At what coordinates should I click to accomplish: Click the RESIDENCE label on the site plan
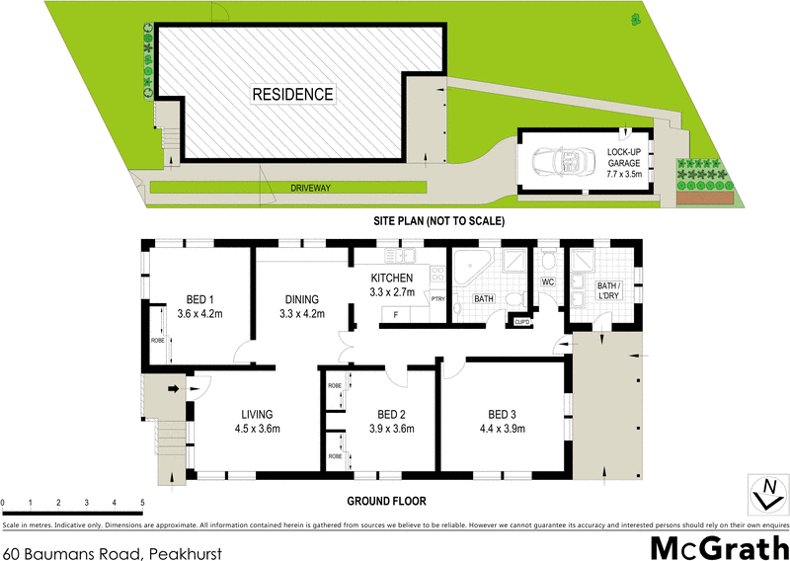coord(292,95)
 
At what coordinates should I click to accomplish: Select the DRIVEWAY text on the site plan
coord(309,187)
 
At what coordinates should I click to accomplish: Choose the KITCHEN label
coord(392,278)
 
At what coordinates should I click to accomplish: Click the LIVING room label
coord(254,414)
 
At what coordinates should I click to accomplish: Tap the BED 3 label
coord(503,414)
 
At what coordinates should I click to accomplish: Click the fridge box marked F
coord(396,315)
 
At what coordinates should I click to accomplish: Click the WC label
coord(547,282)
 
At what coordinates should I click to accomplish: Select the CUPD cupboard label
coord(520,321)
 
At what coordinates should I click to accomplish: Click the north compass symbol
coord(766,490)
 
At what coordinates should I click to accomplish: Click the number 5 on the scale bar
coord(143,503)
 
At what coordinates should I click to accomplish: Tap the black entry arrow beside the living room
coord(176,388)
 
